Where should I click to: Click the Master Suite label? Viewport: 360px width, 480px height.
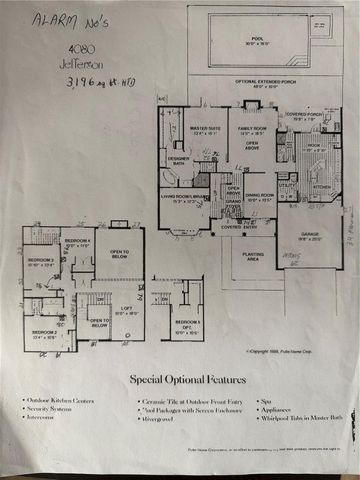pyautogui.click(x=206, y=129)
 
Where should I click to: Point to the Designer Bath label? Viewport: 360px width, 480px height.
pyautogui.click(x=178, y=160)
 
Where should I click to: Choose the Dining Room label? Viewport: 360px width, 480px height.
pyautogui.click(x=260, y=196)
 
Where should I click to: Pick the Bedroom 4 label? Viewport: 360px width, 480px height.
pyautogui.click(x=78, y=243)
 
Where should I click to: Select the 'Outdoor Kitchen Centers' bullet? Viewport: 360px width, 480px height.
pyautogui.click(x=59, y=399)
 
